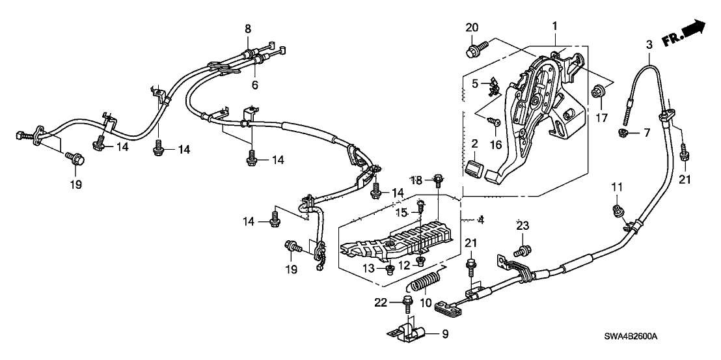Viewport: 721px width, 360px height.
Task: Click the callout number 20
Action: point(472,27)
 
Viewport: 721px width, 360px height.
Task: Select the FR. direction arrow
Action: point(683,33)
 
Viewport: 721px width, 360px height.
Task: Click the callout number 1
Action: point(554,26)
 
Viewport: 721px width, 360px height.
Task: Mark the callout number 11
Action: point(617,187)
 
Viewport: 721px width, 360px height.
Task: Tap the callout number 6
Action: point(255,85)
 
